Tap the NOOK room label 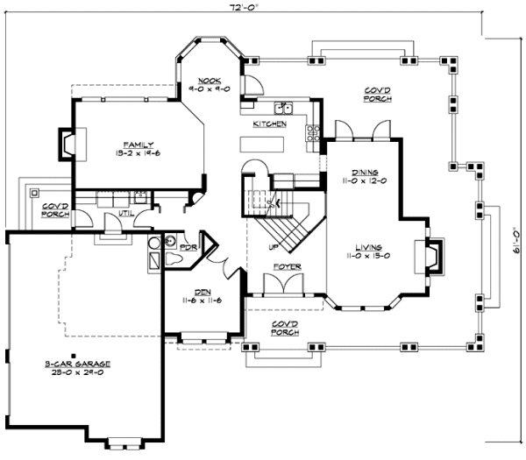[208, 85]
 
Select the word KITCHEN [269, 124]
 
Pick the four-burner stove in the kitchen [312, 133]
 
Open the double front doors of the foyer [285, 284]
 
